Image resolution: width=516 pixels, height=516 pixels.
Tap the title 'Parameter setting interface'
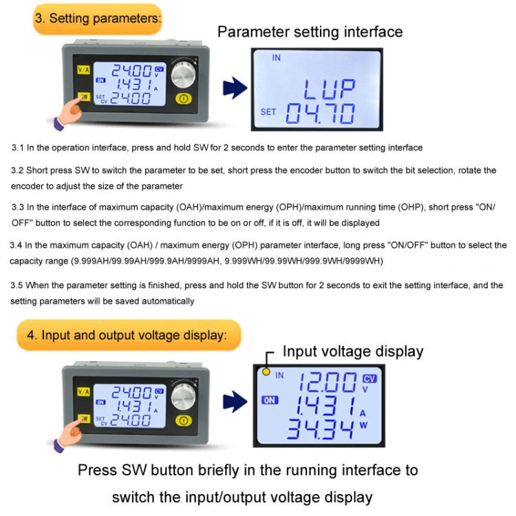coord(310,32)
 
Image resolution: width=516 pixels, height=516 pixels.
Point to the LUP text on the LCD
coord(330,89)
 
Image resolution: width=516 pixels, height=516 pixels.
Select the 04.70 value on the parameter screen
coord(321,113)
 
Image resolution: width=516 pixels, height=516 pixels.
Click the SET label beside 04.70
coord(268,112)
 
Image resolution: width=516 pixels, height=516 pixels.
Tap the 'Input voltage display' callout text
coord(353,352)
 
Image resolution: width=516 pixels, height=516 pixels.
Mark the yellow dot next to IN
coord(265,373)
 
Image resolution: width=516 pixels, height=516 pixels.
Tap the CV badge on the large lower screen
coord(369,378)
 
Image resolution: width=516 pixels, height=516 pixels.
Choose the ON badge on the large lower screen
coord(270,400)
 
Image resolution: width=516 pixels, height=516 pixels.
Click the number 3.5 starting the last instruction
coord(18,285)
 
